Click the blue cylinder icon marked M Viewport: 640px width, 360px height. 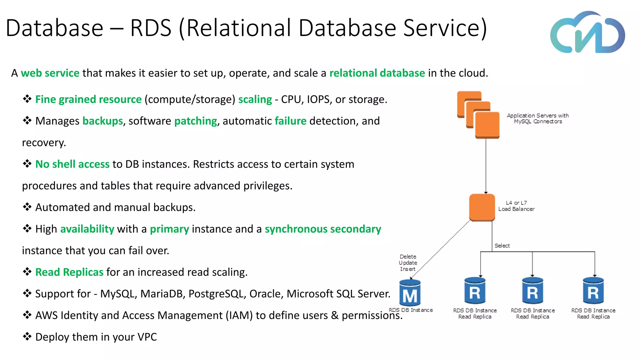coord(410,293)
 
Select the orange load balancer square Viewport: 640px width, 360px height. coord(482,207)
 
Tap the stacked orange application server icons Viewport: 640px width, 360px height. coord(478,115)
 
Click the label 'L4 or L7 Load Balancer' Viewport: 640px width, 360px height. coord(516,206)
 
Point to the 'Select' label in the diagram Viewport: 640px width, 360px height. coord(502,246)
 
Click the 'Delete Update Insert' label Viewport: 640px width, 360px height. coord(408,263)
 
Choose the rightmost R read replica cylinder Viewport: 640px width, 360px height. coord(593,291)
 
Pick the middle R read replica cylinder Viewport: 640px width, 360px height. coord(532,291)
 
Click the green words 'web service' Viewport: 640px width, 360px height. coord(50,73)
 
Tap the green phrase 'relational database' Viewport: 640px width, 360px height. coord(377,73)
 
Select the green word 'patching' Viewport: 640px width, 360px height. coord(196,121)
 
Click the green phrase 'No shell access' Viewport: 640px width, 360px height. coord(72,164)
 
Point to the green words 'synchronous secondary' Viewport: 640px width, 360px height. coord(323,229)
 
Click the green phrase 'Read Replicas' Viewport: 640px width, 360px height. coord(69,272)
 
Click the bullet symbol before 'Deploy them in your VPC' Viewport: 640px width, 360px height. coord(27,337)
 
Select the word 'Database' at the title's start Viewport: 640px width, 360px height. coord(54,28)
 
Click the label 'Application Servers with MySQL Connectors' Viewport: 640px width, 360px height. coord(537,118)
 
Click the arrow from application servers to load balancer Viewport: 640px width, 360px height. coord(486,166)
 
